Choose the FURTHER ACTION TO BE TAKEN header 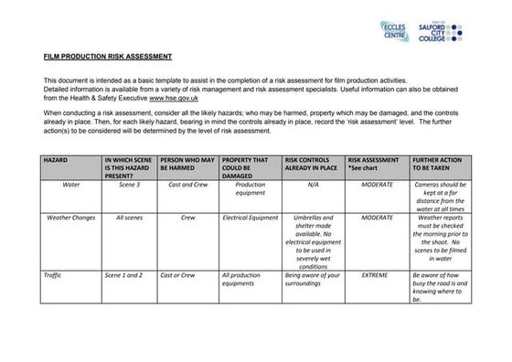pyautogui.click(x=441, y=165)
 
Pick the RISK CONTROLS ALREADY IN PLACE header pyautogui.click(x=313, y=165)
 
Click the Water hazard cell pyautogui.click(x=71, y=184)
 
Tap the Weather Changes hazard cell pyautogui.click(x=71, y=218)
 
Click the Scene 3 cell pyautogui.click(x=129, y=184)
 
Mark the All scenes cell pyautogui.click(x=129, y=218)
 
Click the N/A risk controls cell pyautogui.click(x=313, y=184)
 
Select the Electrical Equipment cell pyautogui.click(x=250, y=218)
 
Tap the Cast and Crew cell pyautogui.click(x=187, y=184)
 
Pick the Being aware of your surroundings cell pyautogui.click(x=313, y=279)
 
